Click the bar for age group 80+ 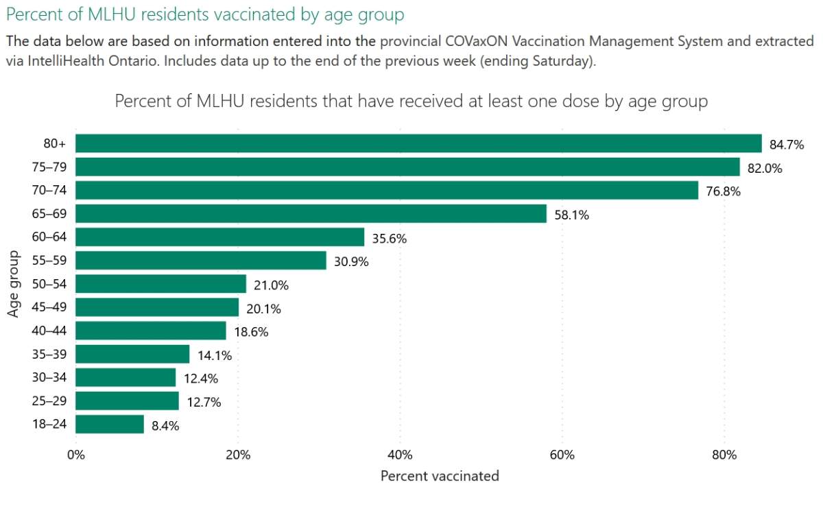pos(418,143)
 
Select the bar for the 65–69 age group pos(311,214)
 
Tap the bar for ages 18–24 pos(110,424)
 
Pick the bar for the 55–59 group pos(201,261)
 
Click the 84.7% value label pos(787,145)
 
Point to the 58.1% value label pos(571,215)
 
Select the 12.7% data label pos(204,403)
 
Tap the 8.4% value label pos(165,426)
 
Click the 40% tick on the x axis pos(400,455)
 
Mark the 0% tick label pos(75,455)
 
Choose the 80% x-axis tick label pos(724,455)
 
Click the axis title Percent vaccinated pos(440,475)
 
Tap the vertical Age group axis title pos(14,284)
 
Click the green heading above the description pos(205,14)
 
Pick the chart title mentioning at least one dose pos(411,101)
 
